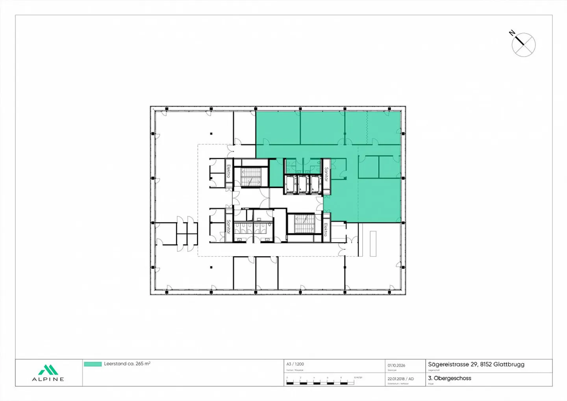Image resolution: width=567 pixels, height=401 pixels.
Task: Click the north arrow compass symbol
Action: [524, 45]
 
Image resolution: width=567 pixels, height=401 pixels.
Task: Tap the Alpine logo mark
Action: [48, 370]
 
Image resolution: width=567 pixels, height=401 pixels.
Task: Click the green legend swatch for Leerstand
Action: [93, 364]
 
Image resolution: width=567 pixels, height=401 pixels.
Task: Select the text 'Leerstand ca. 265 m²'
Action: [127, 364]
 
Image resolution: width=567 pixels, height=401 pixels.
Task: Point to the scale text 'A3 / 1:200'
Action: [295, 364]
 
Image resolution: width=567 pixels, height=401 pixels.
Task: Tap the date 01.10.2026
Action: [396, 365]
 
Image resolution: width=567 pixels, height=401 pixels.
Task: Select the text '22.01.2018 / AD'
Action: [400, 379]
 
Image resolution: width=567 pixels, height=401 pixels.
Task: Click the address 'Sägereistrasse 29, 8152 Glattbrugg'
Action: [476, 364]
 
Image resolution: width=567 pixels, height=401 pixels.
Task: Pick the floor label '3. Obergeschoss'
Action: [450, 378]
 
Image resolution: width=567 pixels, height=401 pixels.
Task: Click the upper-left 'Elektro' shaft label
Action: [228, 171]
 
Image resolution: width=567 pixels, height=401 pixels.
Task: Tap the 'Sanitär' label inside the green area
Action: [326, 175]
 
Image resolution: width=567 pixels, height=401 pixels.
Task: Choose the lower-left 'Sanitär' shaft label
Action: [228, 227]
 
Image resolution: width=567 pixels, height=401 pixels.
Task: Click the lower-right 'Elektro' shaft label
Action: [326, 230]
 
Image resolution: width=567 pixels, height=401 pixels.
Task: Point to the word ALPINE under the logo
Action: [48, 379]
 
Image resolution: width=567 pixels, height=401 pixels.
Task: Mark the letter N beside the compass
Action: [512, 33]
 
